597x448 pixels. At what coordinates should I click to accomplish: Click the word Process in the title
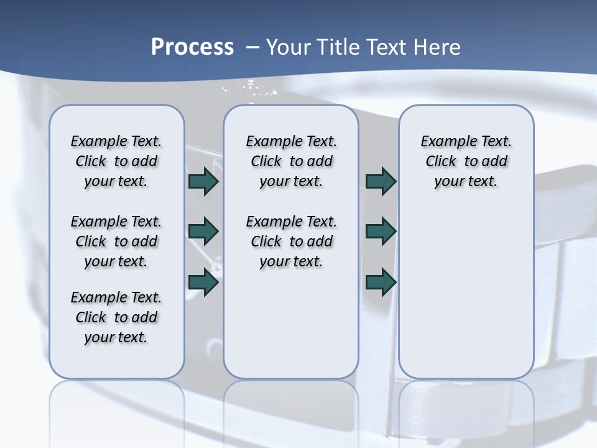click(x=192, y=47)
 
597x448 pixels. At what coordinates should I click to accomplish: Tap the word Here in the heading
click(x=435, y=47)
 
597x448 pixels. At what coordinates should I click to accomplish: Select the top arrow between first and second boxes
click(x=203, y=182)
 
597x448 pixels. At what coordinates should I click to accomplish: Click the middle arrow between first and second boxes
click(x=203, y=231)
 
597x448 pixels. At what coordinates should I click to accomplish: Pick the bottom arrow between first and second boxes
click(x=203, y=282)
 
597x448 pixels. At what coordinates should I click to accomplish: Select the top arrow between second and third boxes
click(x=381, y=182)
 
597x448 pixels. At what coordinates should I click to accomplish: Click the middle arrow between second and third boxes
click(x=381, y=231)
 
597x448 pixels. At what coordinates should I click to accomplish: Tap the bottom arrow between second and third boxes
click(x=381, y=282)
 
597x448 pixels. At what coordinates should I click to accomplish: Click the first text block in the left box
click(x=116, y=161)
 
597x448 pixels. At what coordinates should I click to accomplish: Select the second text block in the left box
click(x=116, y=241)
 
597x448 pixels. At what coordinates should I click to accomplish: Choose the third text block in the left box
click(x=116, y=317)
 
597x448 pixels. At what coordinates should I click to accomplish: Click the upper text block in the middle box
click(x=291, y=161)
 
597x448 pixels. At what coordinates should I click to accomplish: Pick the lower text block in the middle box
click(x=291, y=241)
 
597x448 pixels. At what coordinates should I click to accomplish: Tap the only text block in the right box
click(x=466, y=161)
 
